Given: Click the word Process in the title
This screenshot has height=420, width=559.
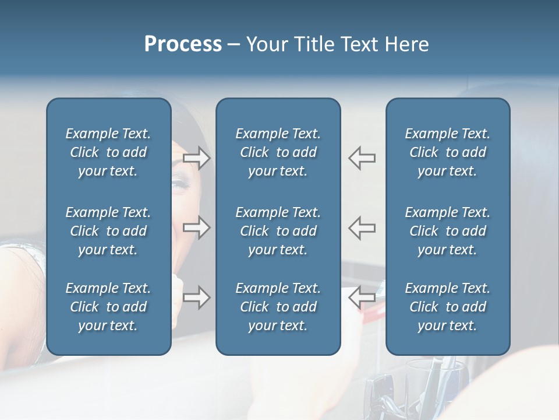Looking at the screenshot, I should [183, 44].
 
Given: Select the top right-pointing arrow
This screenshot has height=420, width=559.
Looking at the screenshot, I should [197, 158].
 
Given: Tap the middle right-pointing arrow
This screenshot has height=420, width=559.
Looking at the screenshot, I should [197, 228].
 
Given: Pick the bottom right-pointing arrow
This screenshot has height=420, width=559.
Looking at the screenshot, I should [197, 297].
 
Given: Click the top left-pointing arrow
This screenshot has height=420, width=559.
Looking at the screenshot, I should [362, 158].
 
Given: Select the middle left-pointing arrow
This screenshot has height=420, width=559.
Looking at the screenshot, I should [362, 228].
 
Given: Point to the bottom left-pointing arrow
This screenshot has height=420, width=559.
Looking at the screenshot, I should [362, 297].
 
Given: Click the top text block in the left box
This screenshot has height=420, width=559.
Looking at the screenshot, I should [108, 152].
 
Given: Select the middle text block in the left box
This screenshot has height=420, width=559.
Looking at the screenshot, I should [108, 231].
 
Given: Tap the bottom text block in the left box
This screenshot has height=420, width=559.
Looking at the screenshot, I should [108, 307].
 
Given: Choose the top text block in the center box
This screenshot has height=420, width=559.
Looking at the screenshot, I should [278, 152].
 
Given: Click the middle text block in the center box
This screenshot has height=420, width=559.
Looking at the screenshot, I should [278, 231].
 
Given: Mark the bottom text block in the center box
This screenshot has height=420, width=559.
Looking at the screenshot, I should [278, 307].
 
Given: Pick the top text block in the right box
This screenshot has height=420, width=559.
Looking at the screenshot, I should [447, 152].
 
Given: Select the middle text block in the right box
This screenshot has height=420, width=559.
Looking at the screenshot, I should [447, 231].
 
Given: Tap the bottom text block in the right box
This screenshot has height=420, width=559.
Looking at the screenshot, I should [447, 307].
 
